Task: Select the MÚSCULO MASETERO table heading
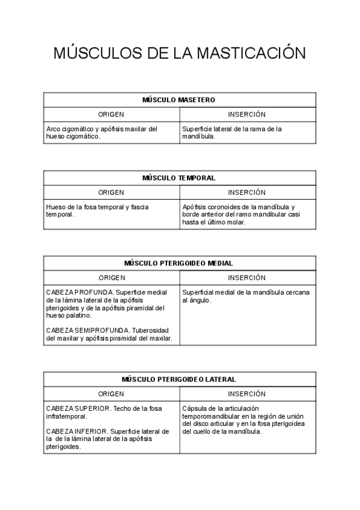[x=178, y=100]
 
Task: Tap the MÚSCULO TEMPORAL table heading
[x=178, y=178]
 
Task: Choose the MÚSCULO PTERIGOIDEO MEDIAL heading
[x=178, y=263]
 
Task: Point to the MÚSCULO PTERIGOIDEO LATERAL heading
[x=178, y=379]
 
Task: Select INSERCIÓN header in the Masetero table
[x=246, y=114]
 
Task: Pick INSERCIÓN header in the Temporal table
[x=246, y=192]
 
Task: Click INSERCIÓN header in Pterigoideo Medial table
[x=246, y=278]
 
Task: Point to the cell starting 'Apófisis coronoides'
[x=240, y=214]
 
